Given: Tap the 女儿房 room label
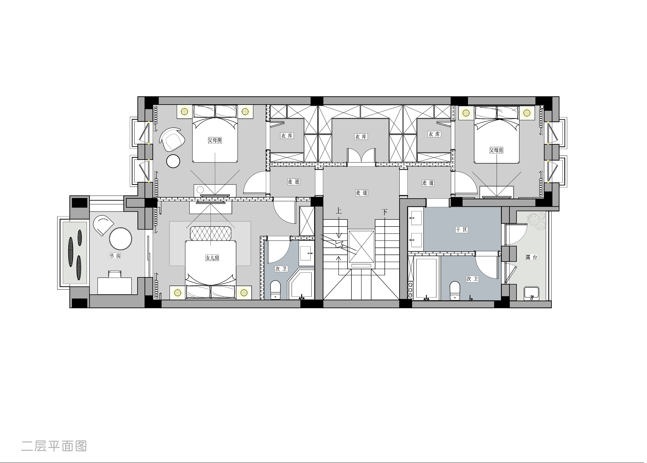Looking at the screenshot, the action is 212,258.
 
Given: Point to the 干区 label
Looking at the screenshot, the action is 461,230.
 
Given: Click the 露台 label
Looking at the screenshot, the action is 532,257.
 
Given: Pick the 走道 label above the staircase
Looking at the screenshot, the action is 362,193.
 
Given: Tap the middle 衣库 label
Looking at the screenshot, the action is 361,137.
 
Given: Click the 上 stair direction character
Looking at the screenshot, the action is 339,211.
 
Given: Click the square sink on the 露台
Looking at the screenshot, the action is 531,294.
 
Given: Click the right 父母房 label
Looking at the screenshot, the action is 496,150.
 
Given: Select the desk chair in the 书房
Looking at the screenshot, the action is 115,274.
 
